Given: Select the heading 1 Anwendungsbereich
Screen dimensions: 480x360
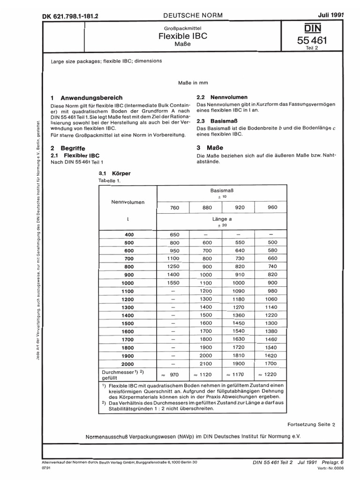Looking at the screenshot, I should [x=87, y=97].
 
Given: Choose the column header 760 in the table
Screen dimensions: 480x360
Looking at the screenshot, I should [x=175, y=208].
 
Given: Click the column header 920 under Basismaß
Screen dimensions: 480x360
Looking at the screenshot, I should [x=239, y=208].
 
